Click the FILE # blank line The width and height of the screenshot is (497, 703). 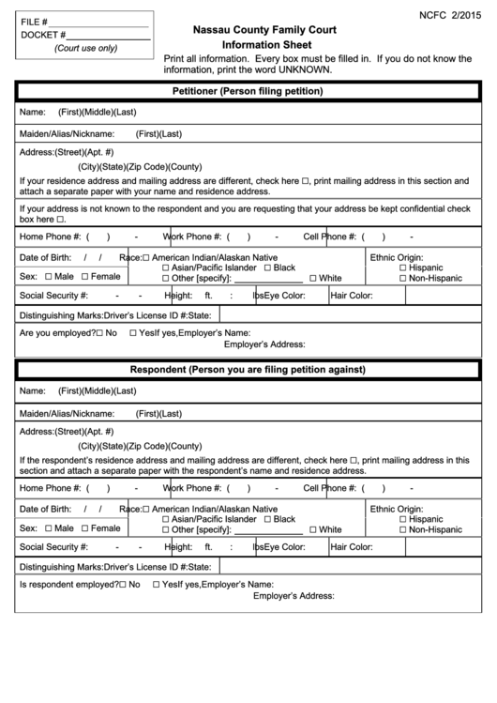tap(103, 21)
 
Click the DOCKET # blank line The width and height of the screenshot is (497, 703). tap(110, 36)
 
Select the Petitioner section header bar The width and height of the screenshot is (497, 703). tap(248, 92)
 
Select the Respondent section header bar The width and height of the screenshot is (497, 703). tap(248, 370)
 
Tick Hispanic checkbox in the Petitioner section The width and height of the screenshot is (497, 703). tap(403, 267)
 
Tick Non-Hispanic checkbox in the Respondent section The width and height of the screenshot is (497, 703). tap(403, 529)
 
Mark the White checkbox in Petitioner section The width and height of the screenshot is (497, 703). tap(312, 279)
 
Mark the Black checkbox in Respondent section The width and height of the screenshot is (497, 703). tap(267, 519)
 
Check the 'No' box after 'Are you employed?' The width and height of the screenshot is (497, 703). tap(98, 333)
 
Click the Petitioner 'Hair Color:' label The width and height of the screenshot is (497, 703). tap(352, 296)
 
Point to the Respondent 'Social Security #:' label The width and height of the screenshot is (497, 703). tap(53, 546)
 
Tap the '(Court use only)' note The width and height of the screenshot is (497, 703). tap(85, 48)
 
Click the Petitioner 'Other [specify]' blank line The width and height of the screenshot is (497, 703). tap(266, 280)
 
